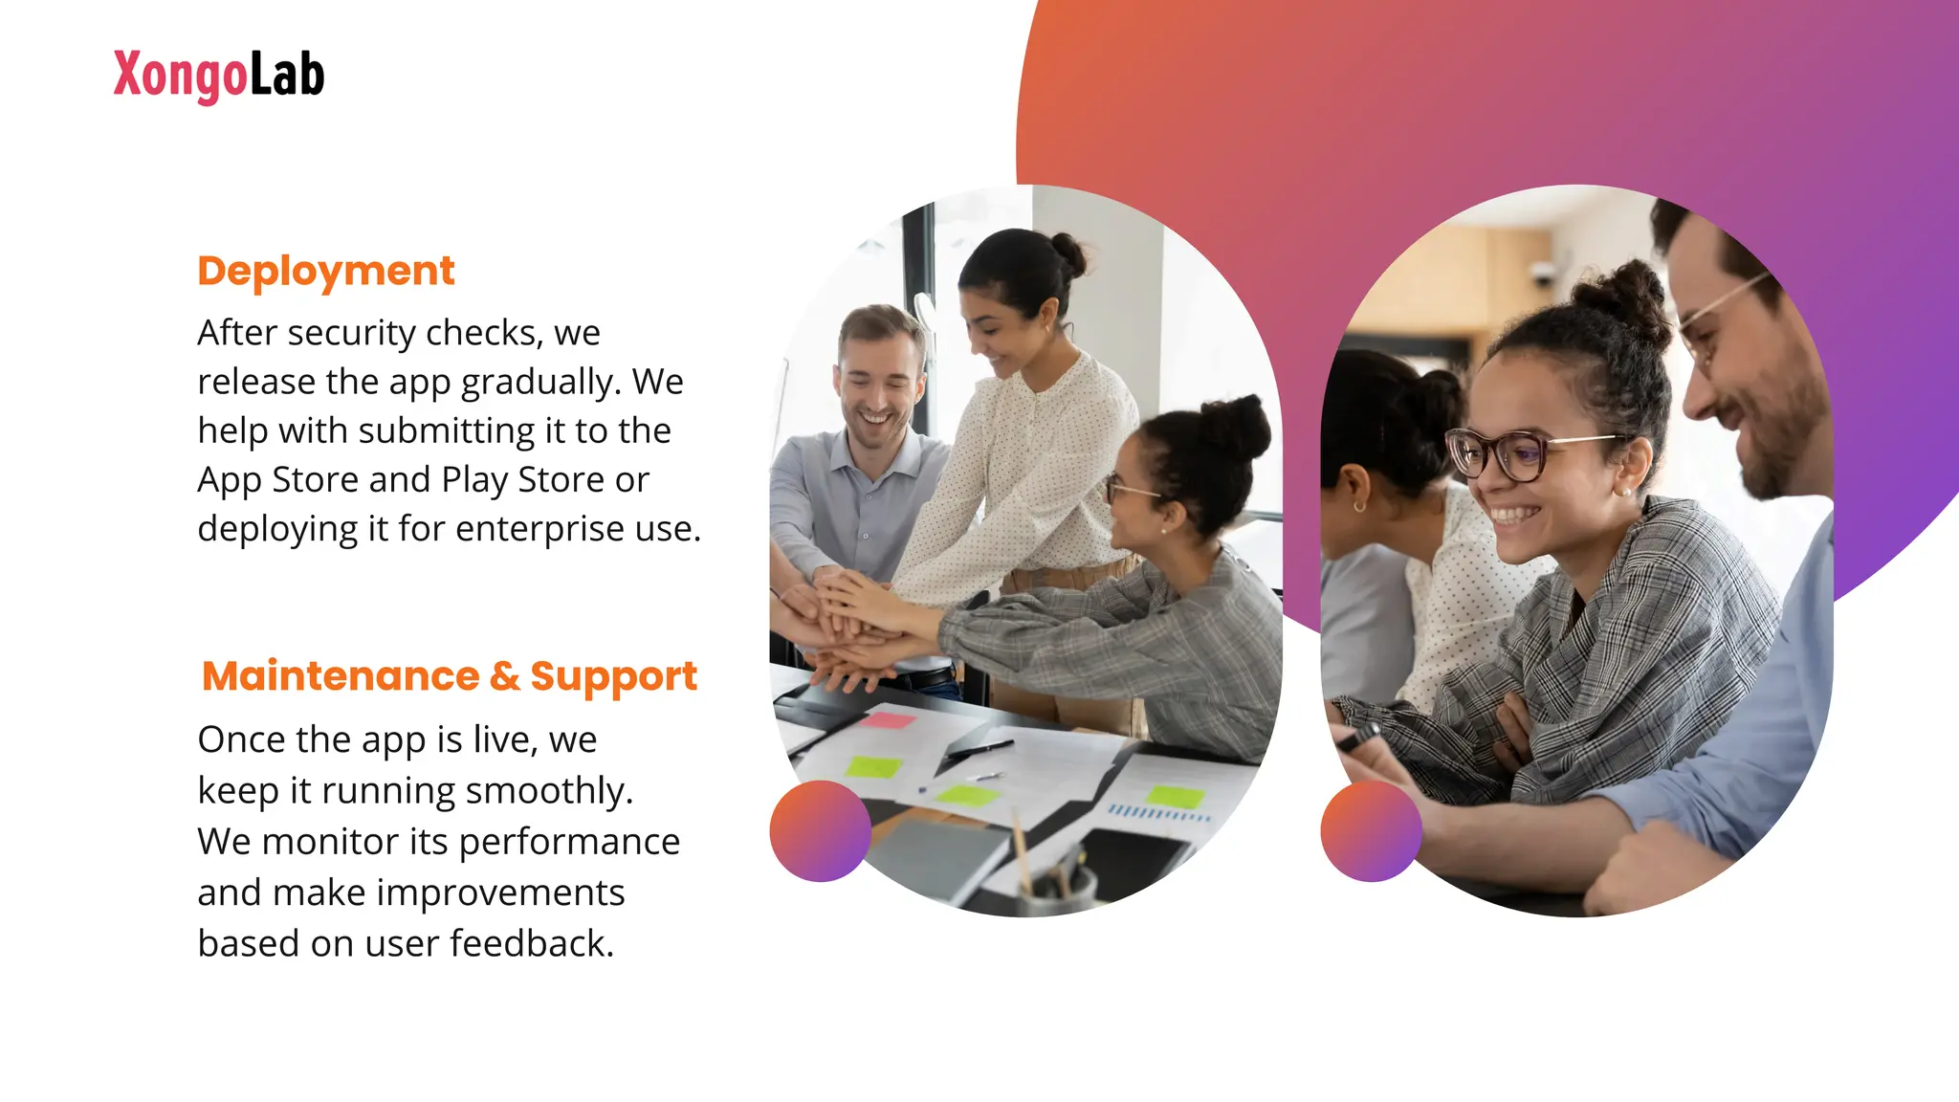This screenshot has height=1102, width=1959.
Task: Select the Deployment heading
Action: [325, 271]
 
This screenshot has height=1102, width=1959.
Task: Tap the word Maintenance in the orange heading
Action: [341, 676]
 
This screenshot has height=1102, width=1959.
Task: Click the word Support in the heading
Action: [613, 677]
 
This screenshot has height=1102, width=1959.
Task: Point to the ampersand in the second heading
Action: [504, 676]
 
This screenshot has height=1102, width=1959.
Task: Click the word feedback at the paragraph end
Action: [532, 943]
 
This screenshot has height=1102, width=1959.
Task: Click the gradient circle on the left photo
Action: [820, 830]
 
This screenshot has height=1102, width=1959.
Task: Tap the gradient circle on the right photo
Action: [1371, 830]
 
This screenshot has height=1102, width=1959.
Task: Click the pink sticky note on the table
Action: [888, 719]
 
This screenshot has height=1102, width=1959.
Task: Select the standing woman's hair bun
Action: [1066, 254]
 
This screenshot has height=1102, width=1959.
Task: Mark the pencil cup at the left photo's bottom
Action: [1057, 890]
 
